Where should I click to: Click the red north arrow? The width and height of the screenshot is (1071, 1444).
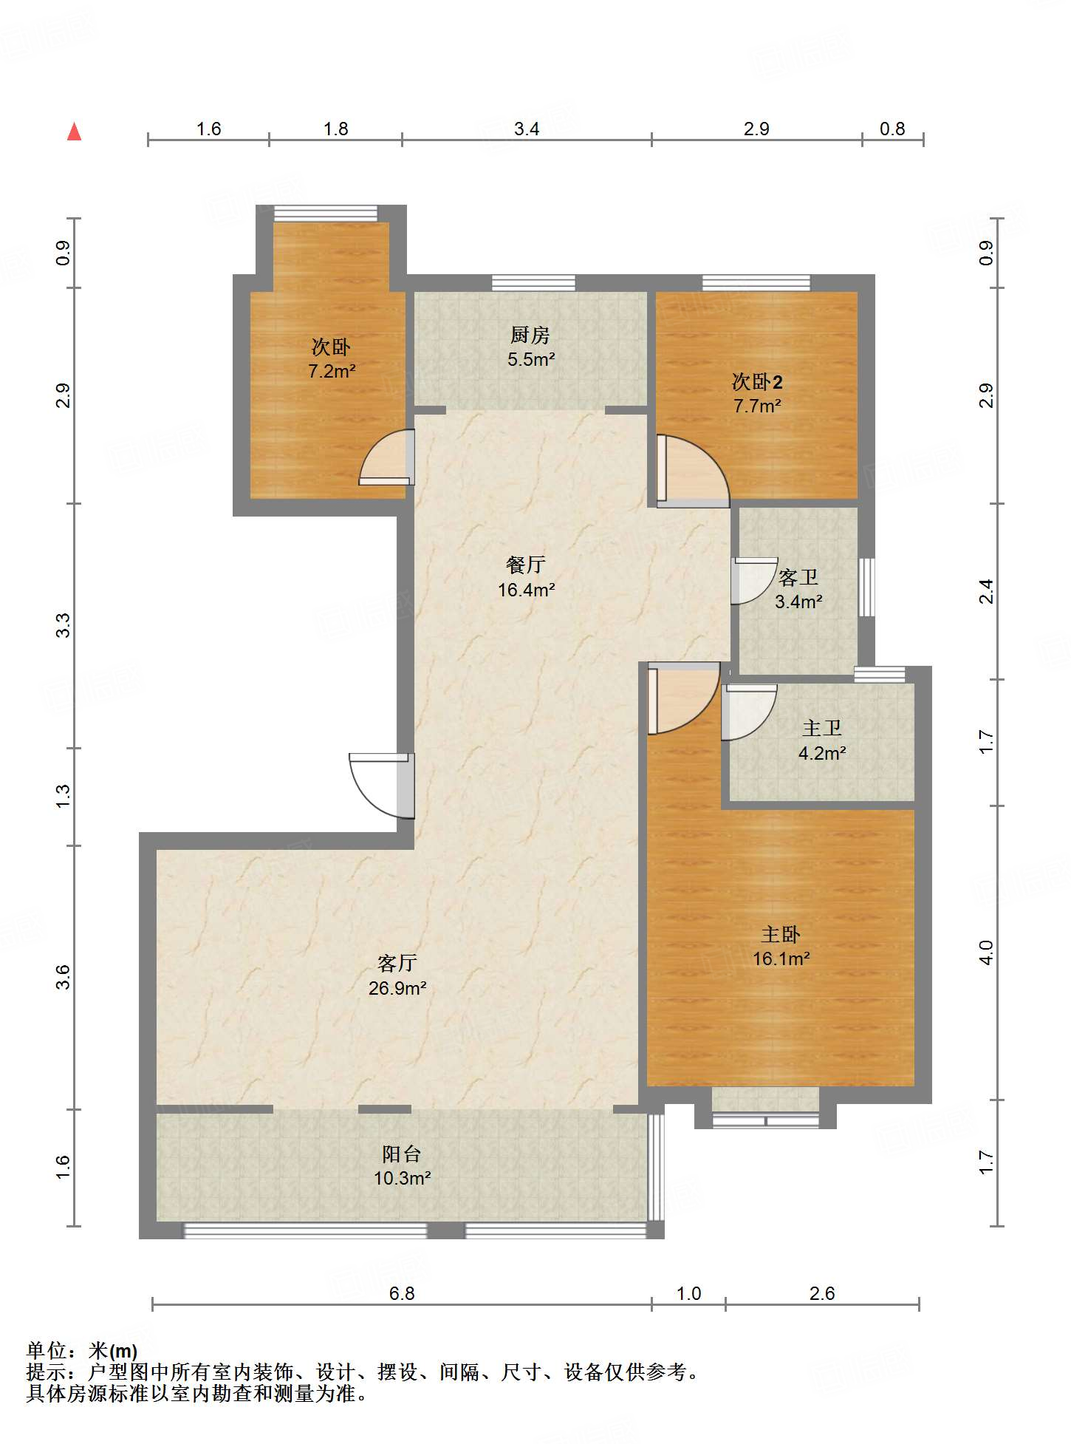[74, 132]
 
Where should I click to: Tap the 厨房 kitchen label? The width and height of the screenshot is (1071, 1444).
[530, 336]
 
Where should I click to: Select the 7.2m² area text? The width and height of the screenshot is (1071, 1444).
[332, 371]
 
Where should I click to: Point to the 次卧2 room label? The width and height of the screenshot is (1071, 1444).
[757, 381]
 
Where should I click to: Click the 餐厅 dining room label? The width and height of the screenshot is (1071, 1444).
[526, 565]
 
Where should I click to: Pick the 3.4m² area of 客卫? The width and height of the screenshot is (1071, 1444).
[798, 602]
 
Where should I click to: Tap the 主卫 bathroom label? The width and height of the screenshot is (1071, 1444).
[822, 729]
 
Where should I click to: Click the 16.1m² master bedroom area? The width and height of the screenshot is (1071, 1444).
[781, 958]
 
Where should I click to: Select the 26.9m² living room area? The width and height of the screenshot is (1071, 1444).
[397, 988]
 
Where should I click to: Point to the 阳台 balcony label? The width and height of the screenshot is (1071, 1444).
[402, 1154]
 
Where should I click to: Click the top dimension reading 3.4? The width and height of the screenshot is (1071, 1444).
[527, 129]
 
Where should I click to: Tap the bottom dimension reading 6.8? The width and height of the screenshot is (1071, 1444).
[402, 1293]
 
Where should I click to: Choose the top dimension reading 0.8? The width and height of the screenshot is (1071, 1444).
[892, 129]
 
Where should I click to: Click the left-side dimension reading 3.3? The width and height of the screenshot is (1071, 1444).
[64, 625]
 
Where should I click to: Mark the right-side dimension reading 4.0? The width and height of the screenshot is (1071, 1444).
[987, 953]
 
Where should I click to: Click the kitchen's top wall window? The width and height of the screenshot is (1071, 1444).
[533, 282]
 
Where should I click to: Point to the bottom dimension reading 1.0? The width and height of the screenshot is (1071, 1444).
[689, 1293]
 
